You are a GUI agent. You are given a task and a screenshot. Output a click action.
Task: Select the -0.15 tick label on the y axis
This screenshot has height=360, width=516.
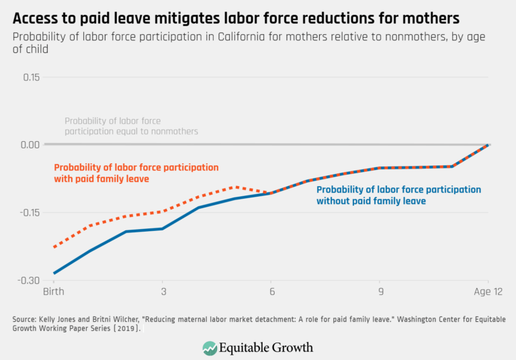click(30, 213)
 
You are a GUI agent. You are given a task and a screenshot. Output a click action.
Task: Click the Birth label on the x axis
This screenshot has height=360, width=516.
click(53, 294)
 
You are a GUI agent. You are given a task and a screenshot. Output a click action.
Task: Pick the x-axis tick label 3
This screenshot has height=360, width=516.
click(162, 294)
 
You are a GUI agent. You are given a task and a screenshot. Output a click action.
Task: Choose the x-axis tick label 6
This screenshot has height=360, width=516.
click(271, 294)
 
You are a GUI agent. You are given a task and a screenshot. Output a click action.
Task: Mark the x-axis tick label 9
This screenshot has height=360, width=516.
click(380, 294)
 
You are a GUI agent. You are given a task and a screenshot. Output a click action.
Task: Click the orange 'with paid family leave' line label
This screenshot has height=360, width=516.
click(136, 173)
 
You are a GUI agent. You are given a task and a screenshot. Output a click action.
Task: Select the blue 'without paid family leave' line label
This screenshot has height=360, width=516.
click(398, 195)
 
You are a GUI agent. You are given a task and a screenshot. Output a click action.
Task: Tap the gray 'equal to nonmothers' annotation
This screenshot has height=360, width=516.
click(131, 126)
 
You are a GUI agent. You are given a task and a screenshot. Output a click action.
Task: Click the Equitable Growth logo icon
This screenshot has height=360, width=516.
click(211, 347)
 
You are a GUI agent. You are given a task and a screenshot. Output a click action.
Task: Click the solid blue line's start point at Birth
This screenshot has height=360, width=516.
click(54, 273)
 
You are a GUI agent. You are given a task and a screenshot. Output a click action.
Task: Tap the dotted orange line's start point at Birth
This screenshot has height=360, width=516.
click(54, 247)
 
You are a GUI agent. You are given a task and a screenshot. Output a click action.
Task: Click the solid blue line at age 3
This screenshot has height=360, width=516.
click(162, 229)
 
